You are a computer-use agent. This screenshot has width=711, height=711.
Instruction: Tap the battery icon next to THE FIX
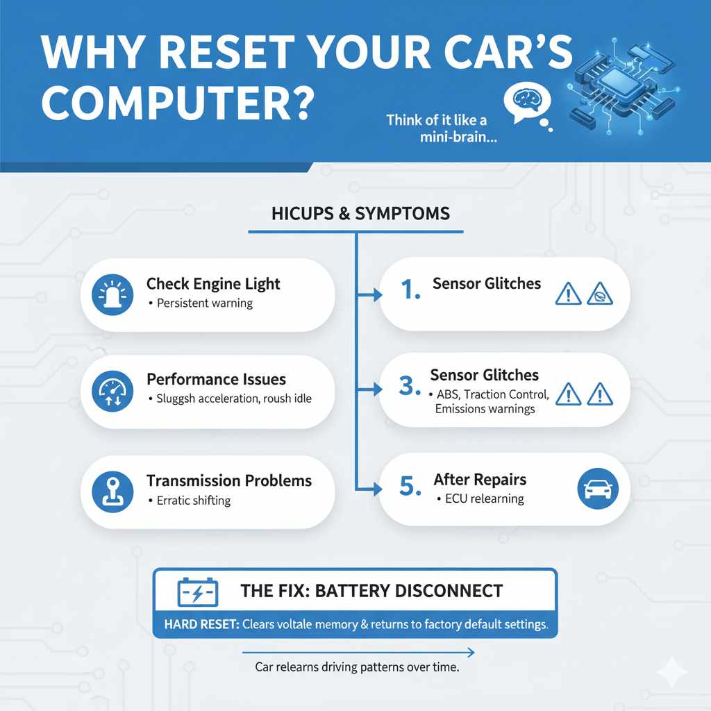click(x=198, y=592)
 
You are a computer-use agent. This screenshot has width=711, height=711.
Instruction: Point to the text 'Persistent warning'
click(x=205, y=303)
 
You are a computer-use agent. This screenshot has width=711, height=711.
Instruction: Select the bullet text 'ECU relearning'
click(x=484, y=499)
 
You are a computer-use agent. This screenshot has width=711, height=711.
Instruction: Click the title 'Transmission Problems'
click(x=228, y=480)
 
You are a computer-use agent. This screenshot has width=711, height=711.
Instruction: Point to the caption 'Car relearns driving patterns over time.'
click(x=358, y=667)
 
